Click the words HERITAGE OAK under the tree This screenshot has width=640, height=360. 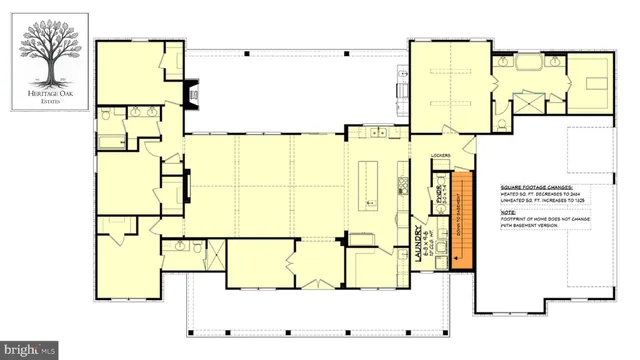click(x=44, y=91)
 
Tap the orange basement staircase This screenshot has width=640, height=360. click(x=462, y=221)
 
